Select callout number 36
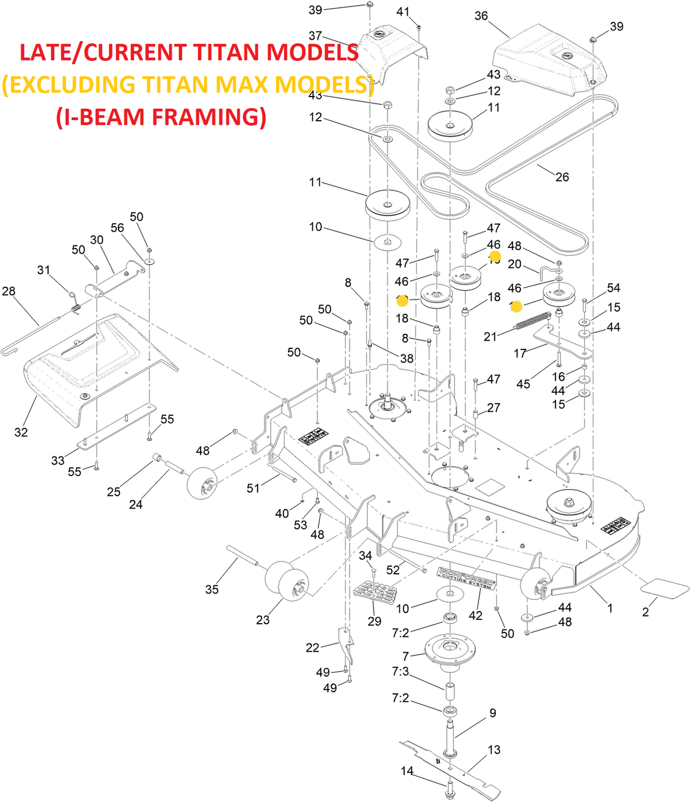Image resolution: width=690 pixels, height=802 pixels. pos(481,16)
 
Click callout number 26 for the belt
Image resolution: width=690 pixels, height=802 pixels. pos(562,177)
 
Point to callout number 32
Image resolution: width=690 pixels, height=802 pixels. pos(21,432)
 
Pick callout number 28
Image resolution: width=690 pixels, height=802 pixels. pos(9,291)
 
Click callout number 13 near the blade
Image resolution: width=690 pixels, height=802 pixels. pos(494,750)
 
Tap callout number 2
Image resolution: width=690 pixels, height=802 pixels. pos(645,612)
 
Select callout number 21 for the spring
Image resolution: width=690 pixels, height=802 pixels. pos(490,336)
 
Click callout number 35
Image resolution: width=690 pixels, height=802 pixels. pos(212,589)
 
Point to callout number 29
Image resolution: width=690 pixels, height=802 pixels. pos(374,621)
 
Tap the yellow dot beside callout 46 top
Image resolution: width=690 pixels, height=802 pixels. pos(494,258)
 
